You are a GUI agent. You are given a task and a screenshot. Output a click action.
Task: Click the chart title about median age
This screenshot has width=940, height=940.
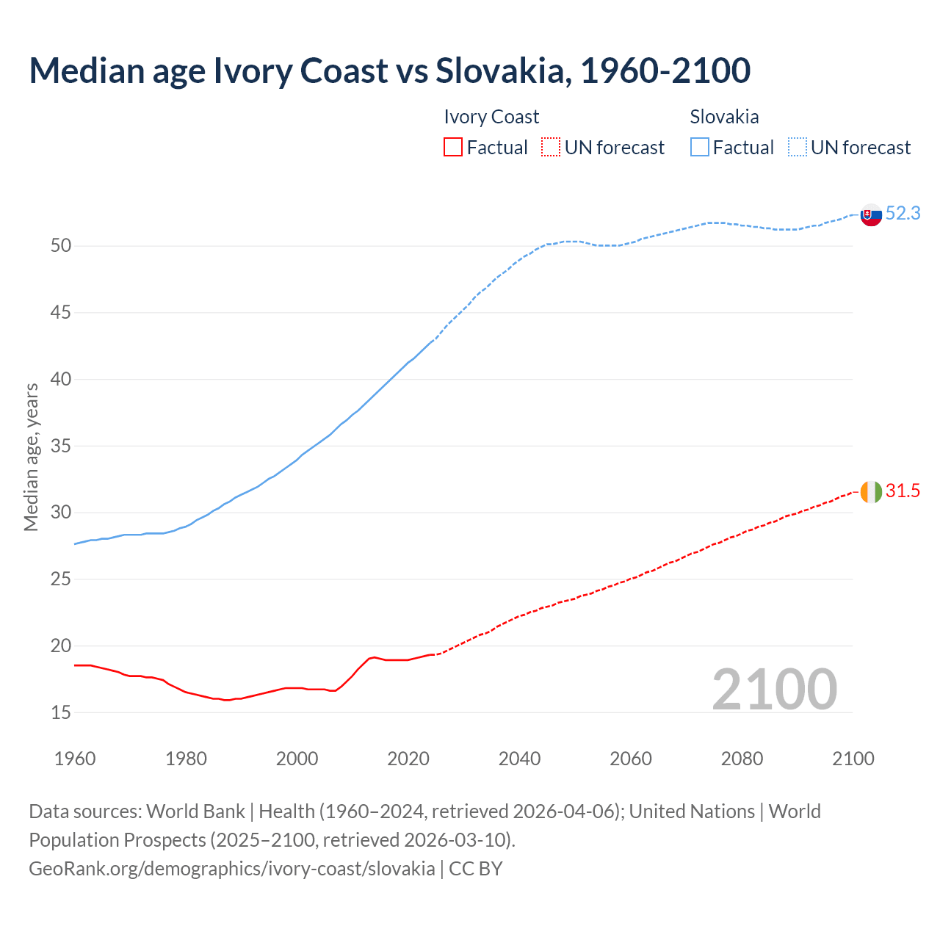tap(389, 70)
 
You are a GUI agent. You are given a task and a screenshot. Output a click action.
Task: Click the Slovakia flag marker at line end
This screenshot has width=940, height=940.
tap(871, 215)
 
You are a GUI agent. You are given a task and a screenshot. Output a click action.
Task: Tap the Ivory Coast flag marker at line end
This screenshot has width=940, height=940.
tap(871, 492)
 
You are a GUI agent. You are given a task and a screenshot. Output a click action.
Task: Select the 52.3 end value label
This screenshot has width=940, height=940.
tap(903, 214)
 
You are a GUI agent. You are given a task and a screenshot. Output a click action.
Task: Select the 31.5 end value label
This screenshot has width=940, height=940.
tap(903, 491)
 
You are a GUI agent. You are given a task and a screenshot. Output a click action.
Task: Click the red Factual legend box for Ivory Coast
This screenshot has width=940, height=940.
tap(453, 148)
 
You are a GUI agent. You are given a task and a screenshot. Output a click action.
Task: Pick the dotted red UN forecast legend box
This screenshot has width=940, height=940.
tap(551, 148)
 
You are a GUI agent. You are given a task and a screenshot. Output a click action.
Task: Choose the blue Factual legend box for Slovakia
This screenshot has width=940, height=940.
tap(700, 148)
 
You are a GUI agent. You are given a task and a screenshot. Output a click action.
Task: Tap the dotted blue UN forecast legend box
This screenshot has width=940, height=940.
tap(798, 148)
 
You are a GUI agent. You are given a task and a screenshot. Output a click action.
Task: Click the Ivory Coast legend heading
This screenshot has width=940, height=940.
tap(491, 117)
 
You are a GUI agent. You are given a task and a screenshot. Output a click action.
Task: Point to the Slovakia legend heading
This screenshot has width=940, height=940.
tap(724, 117)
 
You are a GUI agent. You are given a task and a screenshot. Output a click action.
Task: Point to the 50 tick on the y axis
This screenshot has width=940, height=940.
tap(61, 246)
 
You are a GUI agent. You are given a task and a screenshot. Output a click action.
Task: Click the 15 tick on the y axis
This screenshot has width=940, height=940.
tap(61, 712)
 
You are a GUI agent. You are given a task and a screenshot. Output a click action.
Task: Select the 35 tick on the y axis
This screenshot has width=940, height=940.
tap(61, 446)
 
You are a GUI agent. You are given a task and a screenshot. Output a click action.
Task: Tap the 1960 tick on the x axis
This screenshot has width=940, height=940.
tap(75, 759)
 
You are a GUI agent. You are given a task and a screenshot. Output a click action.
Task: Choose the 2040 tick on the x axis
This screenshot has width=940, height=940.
tap(519, 759)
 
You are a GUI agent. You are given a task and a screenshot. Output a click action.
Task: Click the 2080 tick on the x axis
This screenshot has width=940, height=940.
tap(742, 759)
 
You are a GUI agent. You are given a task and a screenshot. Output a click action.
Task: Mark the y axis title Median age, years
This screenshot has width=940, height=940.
tap(31, 457)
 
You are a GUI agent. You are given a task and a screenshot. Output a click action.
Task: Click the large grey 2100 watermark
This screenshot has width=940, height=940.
tap(774, 690)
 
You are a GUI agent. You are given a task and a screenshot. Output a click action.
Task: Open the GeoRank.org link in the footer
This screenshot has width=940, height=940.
tap(231, 869)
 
